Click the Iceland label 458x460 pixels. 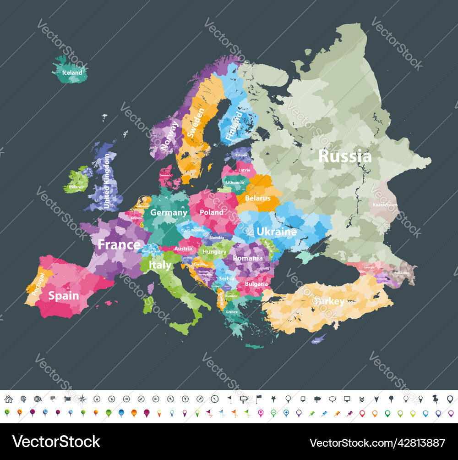pyautogui.click(x=72, y=72)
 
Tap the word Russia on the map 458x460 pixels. pyautogui.click(x=344, y=156)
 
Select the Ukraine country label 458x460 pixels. pyautogui.click(x=276, y=232)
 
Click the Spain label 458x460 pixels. pyautogui.click(x=64, y=296)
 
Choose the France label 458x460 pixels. pyautogui.click(x=119, y=244)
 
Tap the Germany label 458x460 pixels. pyautogui.click(x=169, y=212)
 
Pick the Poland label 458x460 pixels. pyautogui.click(x=212, y=212)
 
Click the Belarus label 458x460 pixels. pyautogui.click(x=258, y=198)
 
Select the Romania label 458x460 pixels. pyautogui.click(x=248, y=258)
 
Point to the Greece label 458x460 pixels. pyautogui.click(x=232, y=312)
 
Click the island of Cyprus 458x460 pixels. pyautogui.click(x=317, y=339)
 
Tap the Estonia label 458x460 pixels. pyautogui.click(x=241, y=155)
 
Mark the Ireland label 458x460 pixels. pyautogui.click(x=76, y=187)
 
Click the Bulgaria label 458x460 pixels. pyautogui.click(x=256, y=284)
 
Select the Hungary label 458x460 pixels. pyautogui.click(x=214, y=252)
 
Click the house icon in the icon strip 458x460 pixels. pyautogui.click(x=8, y=399)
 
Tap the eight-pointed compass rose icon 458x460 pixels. pyautogui.click(x=82, y=399)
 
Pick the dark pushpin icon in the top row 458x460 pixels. pyautogui.click(x=433, y=399)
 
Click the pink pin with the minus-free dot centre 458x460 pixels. pyautogui.click(x=261, y=413)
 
